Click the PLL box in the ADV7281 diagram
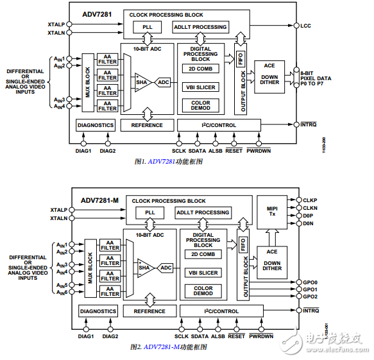[x=148, y=27]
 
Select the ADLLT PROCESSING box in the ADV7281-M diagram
[x=203, y=212]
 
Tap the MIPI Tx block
[x=271, y=212]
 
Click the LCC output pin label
[x=306, y=26]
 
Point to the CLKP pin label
[x=310, y=200]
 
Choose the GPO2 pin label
[x=310, y=296]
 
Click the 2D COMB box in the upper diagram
[x=201, y=69]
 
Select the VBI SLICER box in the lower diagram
[x=203, y=273]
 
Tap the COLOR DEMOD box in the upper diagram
[x=201, y=105]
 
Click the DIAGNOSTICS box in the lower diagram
[x=98, y=311]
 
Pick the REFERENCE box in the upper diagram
[x=147, y=125]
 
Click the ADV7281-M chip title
[x=99, y=200]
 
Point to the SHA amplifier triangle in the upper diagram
[x=142, y=82]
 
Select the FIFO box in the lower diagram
[x=242, y=244]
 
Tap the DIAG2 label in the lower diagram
[x=110, y=336]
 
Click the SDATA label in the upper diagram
[x=197, y=151]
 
